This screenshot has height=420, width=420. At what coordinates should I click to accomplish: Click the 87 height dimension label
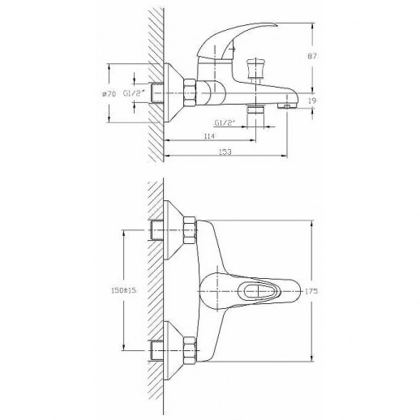[312, 56]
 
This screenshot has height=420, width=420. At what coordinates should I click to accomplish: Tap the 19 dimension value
[312, 101]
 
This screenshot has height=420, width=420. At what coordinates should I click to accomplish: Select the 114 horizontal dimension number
[209, 136]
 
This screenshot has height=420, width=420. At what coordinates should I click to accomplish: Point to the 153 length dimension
[225, 152]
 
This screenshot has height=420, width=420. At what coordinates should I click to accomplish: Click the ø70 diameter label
[109, 94]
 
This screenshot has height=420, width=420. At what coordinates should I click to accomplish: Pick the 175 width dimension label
[311, 291]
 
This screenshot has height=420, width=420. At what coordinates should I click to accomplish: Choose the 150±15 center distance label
[123, 290]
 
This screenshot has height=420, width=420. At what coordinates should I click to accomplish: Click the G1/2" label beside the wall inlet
[134, 93]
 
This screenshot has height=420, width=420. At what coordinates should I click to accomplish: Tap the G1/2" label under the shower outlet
[225, 123]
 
